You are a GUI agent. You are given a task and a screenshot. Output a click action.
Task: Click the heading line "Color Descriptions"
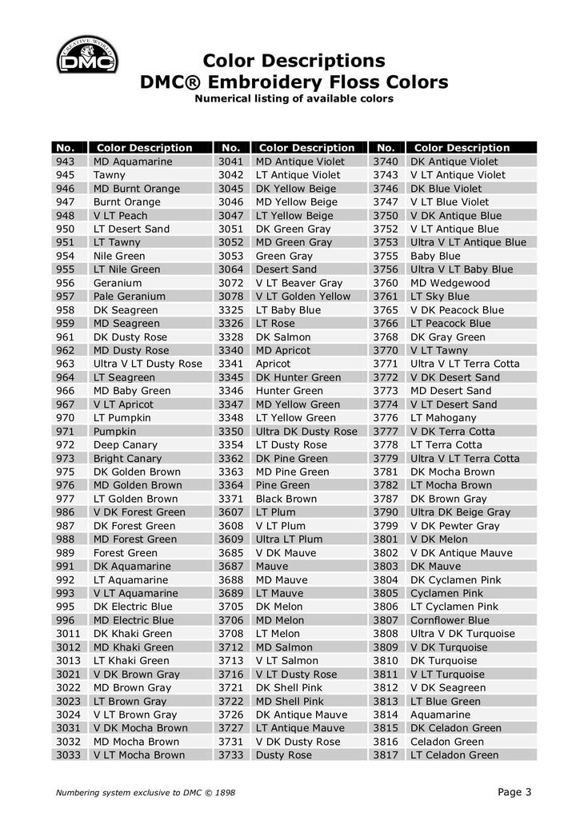click(x=294, y=61)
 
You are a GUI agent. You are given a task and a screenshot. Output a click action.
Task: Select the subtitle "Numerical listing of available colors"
click(x=294, y=99)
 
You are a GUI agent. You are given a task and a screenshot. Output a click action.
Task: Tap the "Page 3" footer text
click(x=514, y=792)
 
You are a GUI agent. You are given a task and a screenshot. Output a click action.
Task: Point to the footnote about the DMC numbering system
click(x=145, y=793)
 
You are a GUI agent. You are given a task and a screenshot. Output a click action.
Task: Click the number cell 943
click(x=66, y=161)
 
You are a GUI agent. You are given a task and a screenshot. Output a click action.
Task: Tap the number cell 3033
click(x=68, y=754)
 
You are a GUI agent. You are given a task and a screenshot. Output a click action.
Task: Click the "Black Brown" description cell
click(x=286, y=499)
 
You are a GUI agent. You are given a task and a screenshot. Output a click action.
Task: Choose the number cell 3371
click(x=230, y=499)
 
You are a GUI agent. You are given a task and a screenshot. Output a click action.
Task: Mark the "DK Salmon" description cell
click(x=284, y=336)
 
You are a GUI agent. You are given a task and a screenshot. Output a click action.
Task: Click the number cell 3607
click(x=230, y=512)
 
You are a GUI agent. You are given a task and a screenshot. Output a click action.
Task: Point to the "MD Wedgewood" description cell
click(x=450, y=283)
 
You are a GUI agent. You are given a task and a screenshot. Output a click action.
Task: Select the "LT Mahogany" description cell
click(x=443, y=418)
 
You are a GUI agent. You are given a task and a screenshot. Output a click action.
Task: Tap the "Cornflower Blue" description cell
click(x=450, y=620)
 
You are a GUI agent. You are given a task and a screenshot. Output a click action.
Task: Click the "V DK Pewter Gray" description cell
click(x=454, y=526)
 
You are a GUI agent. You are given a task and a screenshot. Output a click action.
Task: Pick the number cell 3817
click(x=386, y=754)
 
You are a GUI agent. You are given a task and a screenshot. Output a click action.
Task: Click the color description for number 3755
click(x=435, y=256)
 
